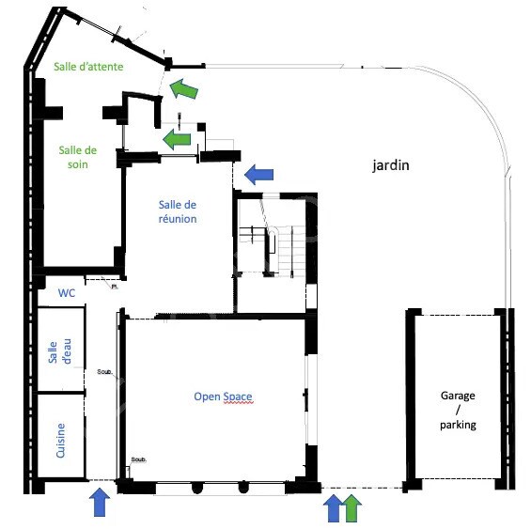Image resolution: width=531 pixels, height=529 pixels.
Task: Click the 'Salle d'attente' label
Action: [x=88, y=67]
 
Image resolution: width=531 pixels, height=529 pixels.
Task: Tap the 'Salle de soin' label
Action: [x=78, y=157]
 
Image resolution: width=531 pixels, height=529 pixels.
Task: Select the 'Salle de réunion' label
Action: [x=178, y=211]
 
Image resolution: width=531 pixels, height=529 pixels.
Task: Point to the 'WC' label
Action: [x=67, y=293]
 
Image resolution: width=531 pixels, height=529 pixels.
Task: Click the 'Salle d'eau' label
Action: [x=60, y=351]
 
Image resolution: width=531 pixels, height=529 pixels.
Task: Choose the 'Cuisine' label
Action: [x=60, y=441]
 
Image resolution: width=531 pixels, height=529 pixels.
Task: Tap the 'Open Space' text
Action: [x=223, y=397]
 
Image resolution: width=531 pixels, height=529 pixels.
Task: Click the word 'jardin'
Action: [x=391, y=165]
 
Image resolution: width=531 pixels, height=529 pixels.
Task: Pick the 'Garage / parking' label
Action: [x=458, y=410]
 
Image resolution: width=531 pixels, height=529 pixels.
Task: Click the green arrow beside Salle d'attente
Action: [x=183, y=88]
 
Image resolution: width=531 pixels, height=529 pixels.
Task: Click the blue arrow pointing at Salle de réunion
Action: [x=259, y=175]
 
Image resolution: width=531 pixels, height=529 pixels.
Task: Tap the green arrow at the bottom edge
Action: [x=352, y=508]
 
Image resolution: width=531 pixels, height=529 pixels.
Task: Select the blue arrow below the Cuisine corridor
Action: [x=100, y=502]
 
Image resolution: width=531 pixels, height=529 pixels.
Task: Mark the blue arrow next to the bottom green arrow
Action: [x=334, y=508]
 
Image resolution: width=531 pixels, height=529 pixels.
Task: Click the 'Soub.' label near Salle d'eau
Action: [x=104, y=372]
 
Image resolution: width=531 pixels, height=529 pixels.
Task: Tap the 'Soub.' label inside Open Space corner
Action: [x=139, y=459]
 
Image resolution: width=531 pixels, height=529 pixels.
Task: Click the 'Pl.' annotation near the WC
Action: [x=115, y=287]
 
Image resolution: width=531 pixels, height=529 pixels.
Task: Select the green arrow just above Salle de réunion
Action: [x=177, y=139]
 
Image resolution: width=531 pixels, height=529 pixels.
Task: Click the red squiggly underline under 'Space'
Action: [x=238, y=403]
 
